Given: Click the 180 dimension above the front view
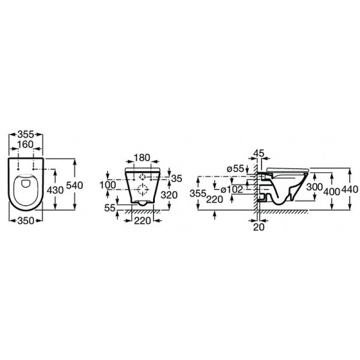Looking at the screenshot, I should tap(143, 158).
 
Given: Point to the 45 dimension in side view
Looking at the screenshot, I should tap(259, 154).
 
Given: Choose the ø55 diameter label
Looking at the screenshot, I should tap(237, 169).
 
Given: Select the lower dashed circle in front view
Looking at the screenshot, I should tap(143, 191).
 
